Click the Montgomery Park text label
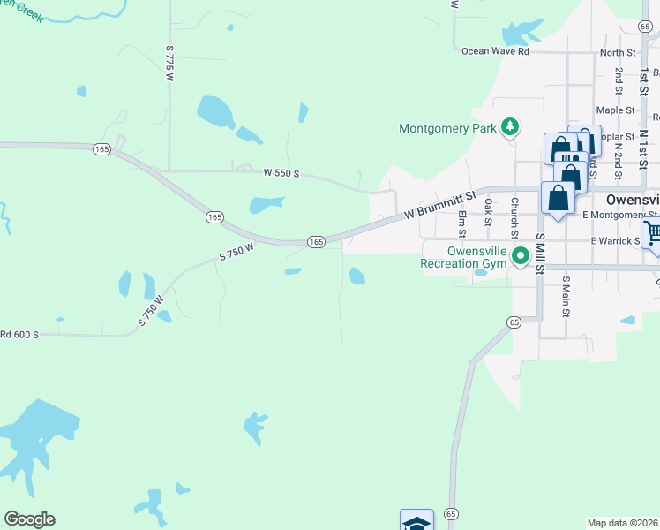point(448,128)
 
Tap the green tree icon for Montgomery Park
point(509,128)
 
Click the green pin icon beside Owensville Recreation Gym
point(521,256)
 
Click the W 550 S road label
point(281,174)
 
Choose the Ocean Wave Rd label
point(495,52)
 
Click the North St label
point(617,53)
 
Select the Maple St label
point(615,110)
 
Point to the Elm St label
point(461,223)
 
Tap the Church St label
point(514,217)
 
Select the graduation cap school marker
point(416,521)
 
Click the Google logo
point(29,519)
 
